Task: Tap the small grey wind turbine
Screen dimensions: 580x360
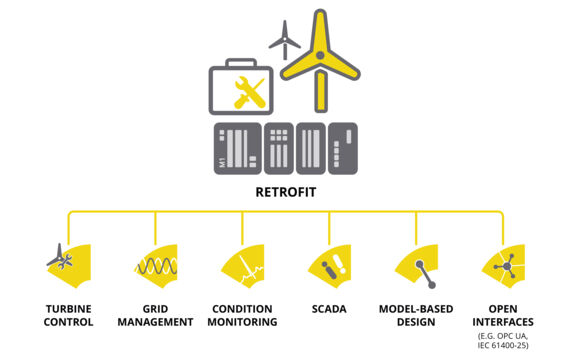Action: click(284, 39)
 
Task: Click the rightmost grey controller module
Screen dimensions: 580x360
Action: click(342, 149)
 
